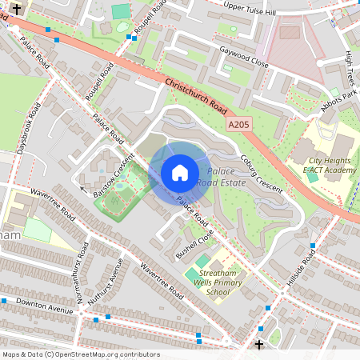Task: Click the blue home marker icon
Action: click(180, 172)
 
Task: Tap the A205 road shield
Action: click(238, 125)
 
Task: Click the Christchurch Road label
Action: click(196, 94)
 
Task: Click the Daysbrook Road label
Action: click(29, 127)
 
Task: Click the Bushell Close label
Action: click(195, 245)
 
